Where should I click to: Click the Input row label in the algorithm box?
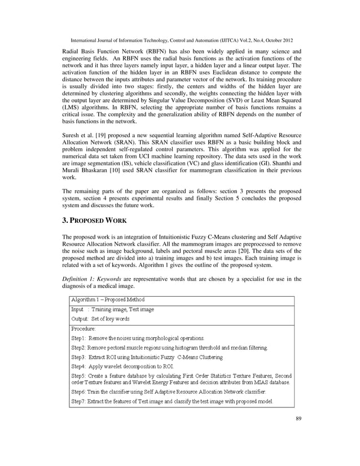pos(77,310)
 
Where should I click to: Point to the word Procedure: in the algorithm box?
pos(83,328)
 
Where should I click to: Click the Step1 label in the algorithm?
pos(81,337)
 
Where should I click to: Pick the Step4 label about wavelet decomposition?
pos(81,366)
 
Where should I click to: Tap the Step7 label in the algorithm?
pos(81,401)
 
